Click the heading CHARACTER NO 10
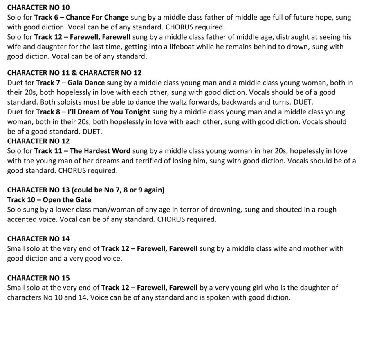(x=38, y=7)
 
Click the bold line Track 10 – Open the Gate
(x=49, y=200)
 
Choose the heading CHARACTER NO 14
(x=38, y=239)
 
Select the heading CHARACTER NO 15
(x=38, y=278)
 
